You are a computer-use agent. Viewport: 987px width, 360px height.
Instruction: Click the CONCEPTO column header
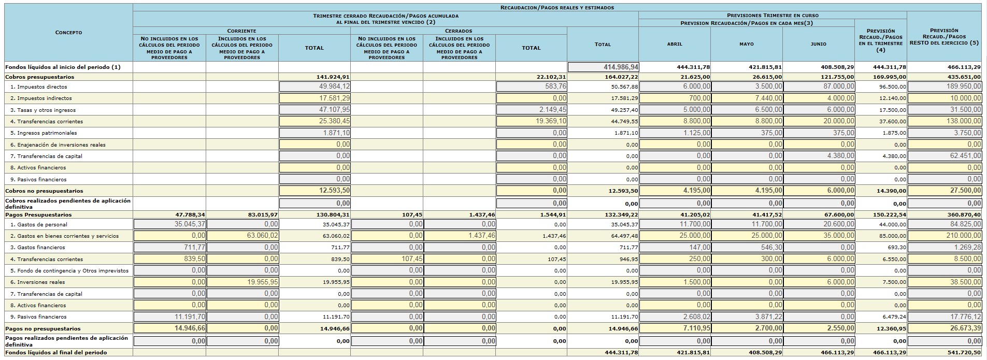pos(68,33)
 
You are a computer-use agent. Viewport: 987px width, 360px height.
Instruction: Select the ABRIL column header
pos(675,44)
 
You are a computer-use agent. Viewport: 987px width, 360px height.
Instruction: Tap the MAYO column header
pos(747,44)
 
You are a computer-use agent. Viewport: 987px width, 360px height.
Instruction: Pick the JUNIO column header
pos(819,44)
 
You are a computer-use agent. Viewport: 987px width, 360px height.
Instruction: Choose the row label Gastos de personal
pos(42,225)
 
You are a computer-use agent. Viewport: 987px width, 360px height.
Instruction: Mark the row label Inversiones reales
pos(41,282)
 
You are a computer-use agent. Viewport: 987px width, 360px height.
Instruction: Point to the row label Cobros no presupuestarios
pos(44,191)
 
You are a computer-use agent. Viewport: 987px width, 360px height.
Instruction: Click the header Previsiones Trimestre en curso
pos(772,16)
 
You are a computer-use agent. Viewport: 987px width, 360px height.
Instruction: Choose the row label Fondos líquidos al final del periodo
pos(56,353)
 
